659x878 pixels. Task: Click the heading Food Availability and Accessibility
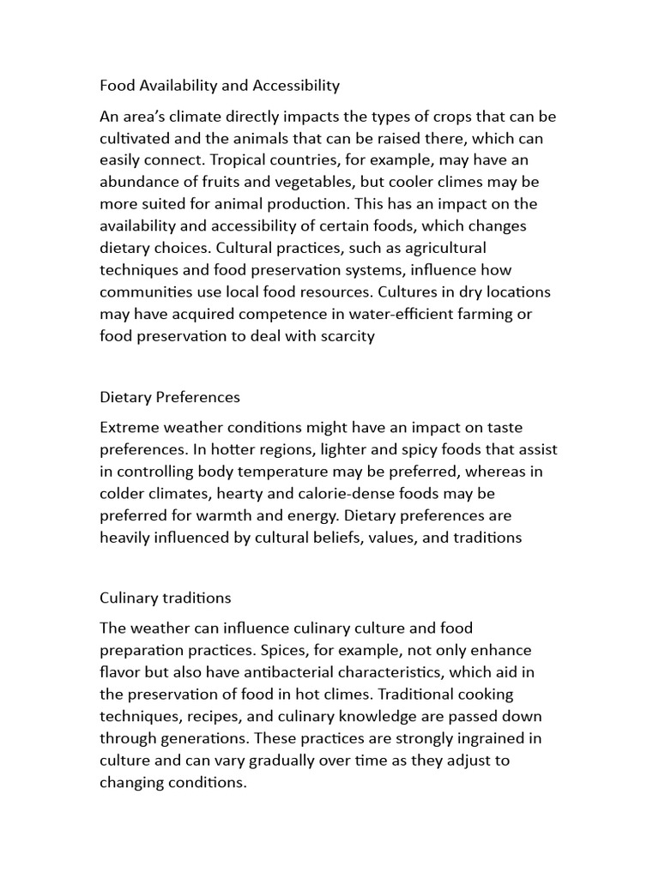click(220, 85)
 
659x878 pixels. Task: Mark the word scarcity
click(346, 337)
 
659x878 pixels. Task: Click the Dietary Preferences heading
click(170, 397)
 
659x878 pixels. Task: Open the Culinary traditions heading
click(166, 598)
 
